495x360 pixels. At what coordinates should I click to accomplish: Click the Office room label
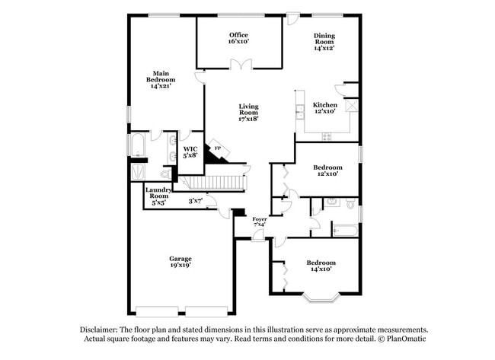point(238,38)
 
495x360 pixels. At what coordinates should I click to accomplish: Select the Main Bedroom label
point(161,79)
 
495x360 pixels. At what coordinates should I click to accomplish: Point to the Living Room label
point(248,112)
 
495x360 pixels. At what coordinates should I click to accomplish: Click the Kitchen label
point(325,107)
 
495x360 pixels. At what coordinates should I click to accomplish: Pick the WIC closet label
point(190,151)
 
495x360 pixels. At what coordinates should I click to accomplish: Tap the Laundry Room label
point(158,197)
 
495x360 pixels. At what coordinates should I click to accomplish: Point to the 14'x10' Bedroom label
point(321,266)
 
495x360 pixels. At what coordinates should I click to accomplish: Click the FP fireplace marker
point(217,148)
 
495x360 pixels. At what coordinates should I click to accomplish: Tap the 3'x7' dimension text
point(196,201)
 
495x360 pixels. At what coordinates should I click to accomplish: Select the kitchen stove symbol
point(327,137)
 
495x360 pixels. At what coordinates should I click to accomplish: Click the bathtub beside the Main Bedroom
point(139,145)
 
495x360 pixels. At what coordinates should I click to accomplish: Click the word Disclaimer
point(102,330)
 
